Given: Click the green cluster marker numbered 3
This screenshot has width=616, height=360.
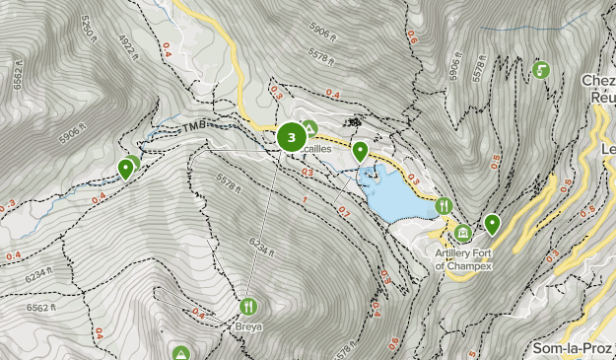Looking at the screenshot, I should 291,137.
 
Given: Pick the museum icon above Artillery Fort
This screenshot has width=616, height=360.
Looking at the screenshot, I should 462,232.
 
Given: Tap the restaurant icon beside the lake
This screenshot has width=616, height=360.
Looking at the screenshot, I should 445,206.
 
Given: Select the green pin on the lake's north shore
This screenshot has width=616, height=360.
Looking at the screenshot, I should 361,152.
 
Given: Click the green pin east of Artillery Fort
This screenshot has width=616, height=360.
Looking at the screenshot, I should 492,224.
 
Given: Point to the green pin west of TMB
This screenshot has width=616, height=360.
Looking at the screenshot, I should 125,169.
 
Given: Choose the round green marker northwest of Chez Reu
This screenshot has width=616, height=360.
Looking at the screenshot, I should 540,70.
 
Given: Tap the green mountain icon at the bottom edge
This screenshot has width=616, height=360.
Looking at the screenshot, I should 181,353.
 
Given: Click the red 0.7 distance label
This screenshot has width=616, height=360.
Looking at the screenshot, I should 343,211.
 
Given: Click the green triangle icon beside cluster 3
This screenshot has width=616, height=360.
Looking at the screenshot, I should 309,127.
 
